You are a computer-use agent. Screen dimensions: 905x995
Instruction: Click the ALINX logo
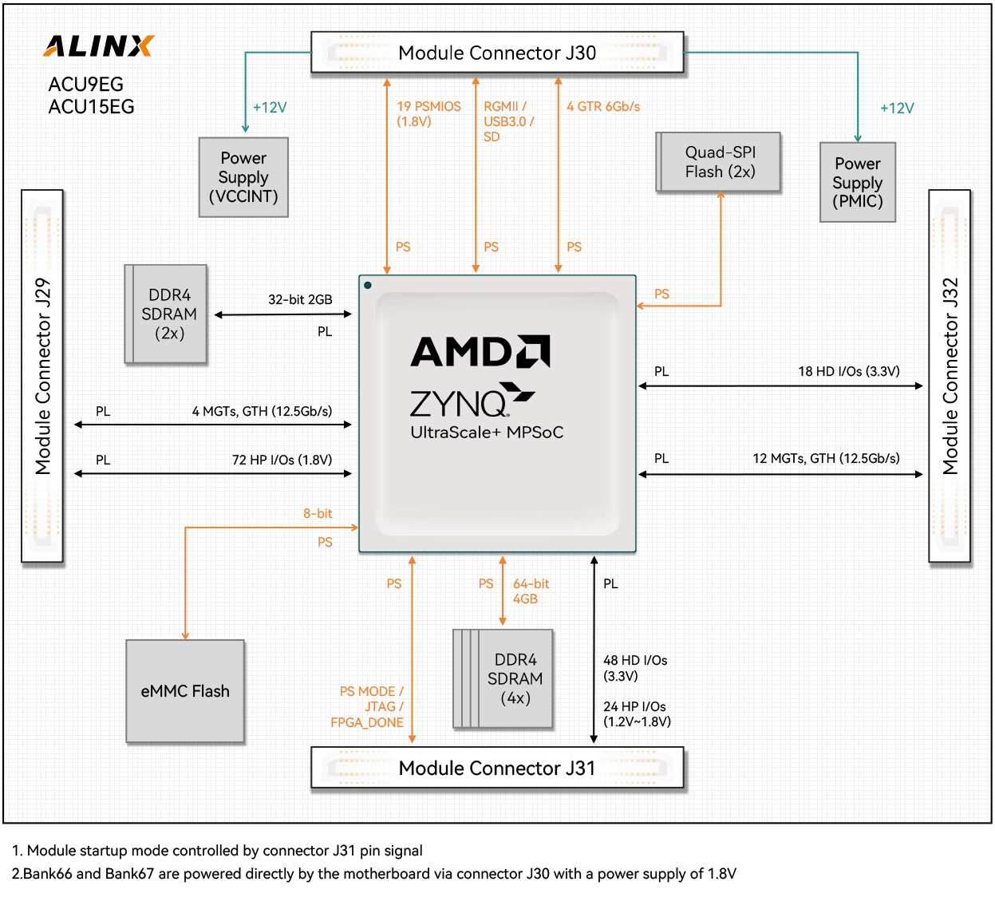coord(98,46)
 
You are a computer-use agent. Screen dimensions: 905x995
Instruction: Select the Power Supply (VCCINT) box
coord(243,177)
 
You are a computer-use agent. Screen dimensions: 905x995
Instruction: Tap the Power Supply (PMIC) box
coord(858,182)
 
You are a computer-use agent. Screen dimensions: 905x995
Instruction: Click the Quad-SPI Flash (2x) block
coord(719,162)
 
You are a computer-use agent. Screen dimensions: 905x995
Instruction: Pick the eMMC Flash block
coord(185,691)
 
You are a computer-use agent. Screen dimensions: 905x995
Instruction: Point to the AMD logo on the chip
coord(480,351)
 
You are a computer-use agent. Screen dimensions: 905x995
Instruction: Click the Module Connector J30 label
coord(496,53)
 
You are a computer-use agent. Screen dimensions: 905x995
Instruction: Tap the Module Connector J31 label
coord(496,769)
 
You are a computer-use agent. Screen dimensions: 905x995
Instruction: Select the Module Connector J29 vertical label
coord(42,376)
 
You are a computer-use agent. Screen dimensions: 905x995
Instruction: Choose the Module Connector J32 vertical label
coord(950,376)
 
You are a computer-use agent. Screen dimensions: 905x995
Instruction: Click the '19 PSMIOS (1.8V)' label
coord(428,114)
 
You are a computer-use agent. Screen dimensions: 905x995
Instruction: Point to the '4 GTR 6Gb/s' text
coord(603,107)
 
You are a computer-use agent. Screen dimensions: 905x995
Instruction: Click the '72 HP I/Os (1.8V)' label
coord(282,460)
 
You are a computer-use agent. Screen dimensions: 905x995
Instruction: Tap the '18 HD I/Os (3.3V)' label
coord(848,371)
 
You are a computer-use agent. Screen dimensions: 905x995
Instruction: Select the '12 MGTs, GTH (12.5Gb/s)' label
coord(826,458)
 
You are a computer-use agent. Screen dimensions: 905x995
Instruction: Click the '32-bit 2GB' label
coord(300,299)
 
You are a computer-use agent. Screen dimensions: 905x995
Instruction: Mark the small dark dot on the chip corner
coord(367,285)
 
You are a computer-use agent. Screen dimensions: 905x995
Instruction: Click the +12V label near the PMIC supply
coord(896,109)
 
